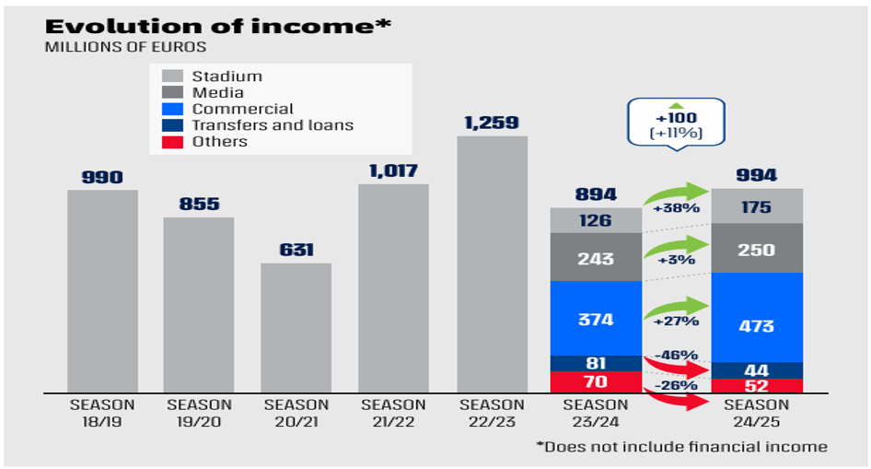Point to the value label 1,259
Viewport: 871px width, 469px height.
pos(493,123)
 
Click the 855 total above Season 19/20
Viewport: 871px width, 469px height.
pos(199,204)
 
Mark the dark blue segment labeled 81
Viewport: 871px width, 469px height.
pos(595,363)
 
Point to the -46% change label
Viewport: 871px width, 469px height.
pos(677,355)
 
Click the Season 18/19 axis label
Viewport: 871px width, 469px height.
pos(102,412)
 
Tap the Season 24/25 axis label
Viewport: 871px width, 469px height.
pos(757,412)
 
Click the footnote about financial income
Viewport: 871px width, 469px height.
pos(682,447)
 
